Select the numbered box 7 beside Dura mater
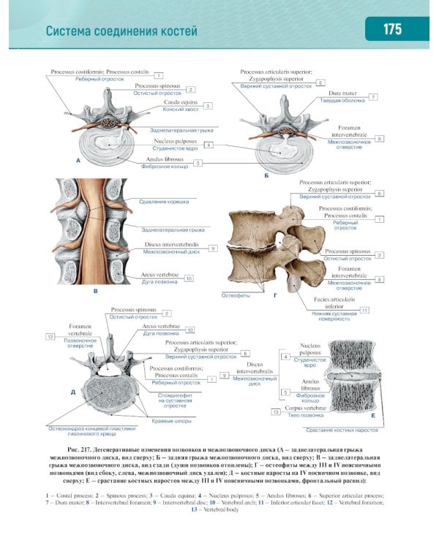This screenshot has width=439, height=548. pos(373,96)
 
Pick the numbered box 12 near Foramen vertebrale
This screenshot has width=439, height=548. pos(50,337)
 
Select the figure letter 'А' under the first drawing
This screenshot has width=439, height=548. pos(77,159)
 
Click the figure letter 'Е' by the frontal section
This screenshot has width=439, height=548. pos(373,414)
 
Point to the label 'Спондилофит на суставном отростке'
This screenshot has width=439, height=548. pos(175,400)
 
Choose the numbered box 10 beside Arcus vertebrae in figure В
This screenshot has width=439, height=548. pos(189,278)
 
